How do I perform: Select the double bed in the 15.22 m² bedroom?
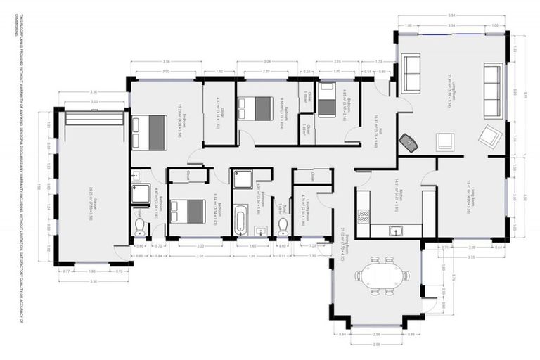pyautogui.click(x=149, y=132)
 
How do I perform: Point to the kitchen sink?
pyautogui.click(x=396, y=230)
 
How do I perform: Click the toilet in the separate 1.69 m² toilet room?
pyautogui.click(x=283, y=224)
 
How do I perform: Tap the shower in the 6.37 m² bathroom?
pyautogui.click(x=243, y=180)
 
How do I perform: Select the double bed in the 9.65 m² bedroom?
pyautogui.click(x=255, y=108)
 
